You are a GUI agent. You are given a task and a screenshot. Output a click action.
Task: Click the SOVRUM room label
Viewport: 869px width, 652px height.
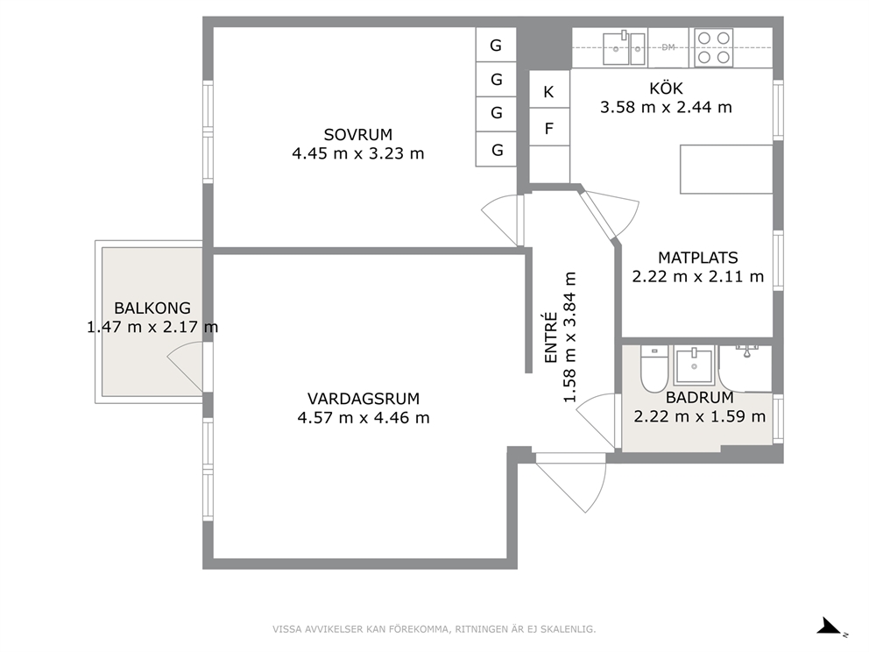click(x=358, y=135)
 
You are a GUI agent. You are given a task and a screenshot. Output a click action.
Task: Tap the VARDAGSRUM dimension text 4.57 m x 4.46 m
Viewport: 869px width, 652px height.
click(x=364, y=417)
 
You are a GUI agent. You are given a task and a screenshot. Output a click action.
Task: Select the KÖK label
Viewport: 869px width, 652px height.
click(x=666, y=89)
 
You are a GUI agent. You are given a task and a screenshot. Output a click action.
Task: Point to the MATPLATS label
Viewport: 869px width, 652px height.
click(x=698, y=258)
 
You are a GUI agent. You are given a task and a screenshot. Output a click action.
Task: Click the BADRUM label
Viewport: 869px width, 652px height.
click(x=699, y=398)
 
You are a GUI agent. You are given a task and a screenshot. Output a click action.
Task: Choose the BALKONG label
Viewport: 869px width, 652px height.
click(x=152, y=308)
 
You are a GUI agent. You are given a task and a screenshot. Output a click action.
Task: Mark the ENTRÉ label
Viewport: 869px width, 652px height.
click(x=550, y=337)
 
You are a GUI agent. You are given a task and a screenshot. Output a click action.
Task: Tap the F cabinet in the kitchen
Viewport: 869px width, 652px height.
click(x=549, y=127)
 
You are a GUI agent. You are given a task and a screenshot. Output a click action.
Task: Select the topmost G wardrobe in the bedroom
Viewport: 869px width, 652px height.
click(x=496, y=45)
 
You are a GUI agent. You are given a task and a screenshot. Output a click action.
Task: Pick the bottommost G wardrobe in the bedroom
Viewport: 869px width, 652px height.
click(x=496, y=149)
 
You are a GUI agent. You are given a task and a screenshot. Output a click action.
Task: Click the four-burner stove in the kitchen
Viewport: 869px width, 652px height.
click(x=713, y=47)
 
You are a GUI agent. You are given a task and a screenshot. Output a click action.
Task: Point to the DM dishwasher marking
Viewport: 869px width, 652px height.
click(x=668, y=47)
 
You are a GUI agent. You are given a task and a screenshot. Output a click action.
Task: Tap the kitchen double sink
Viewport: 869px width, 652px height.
click(x=624, y=47)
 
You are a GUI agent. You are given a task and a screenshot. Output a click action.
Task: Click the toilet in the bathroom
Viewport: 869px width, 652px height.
click(x=654, y=369)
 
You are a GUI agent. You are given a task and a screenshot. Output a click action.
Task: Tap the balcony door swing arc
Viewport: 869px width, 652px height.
click(x=185, y=366)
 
